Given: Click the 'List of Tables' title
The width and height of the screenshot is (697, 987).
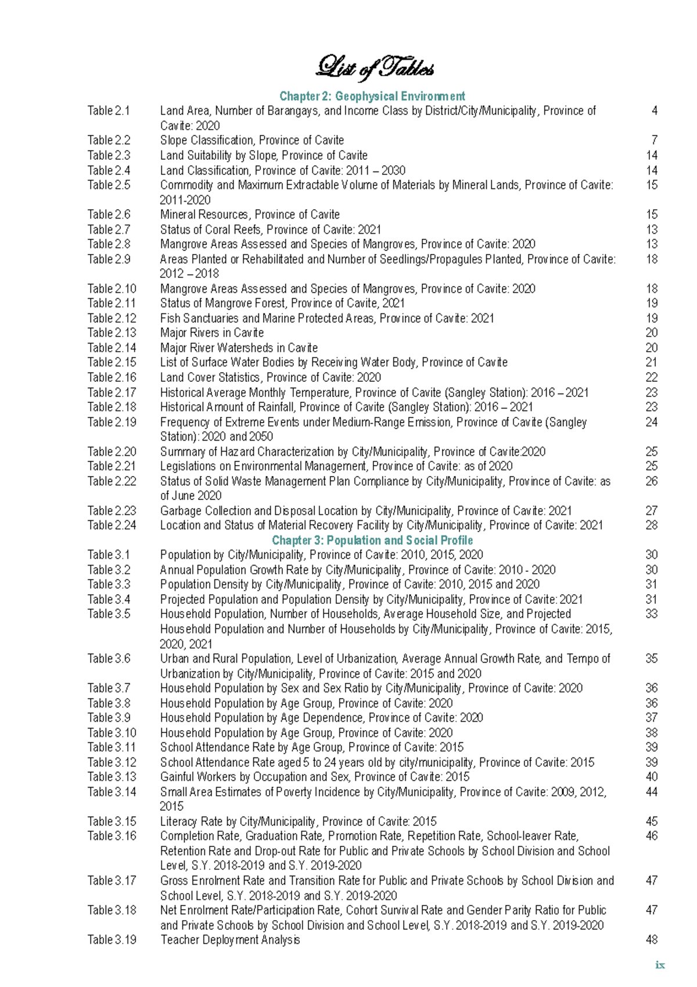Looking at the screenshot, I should (374, 68).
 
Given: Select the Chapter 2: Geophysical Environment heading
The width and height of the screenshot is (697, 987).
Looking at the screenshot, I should (372, 96).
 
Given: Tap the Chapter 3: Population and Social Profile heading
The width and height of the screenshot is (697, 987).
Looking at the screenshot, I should (372, 540).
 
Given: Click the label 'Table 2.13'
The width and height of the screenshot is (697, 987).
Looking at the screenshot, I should (112, 332).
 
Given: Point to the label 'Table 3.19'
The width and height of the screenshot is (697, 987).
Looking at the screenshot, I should (112, 939).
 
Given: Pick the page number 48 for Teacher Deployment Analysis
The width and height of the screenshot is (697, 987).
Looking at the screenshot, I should (651, 939).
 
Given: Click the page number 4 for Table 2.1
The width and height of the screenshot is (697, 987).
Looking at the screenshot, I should (654, 110).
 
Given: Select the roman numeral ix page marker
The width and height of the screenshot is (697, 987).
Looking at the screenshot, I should (659, 965).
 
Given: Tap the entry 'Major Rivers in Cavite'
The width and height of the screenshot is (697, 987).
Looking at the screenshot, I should (211, 332).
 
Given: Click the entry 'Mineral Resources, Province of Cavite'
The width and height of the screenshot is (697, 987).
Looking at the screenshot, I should (250, 214).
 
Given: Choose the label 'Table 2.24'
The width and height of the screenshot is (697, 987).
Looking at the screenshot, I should (112, 525).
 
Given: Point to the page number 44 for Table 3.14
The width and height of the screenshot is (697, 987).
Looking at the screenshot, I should (651, 792).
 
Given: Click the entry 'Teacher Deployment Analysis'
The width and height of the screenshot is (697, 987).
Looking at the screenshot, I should (230, 939).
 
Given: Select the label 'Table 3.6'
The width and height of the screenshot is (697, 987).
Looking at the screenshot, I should (109, 659).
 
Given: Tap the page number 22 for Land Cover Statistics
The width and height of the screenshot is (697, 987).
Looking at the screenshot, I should (651, 377).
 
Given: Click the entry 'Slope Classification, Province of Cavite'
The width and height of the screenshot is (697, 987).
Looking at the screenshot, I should (252, 140).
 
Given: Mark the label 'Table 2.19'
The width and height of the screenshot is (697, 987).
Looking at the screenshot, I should (112, 422).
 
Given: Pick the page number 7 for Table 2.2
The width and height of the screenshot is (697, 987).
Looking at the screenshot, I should (654, 140).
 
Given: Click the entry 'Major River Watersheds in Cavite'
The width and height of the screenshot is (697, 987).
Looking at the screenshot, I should (239, 348).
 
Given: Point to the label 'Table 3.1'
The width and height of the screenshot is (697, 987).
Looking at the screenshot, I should (109, 555).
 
